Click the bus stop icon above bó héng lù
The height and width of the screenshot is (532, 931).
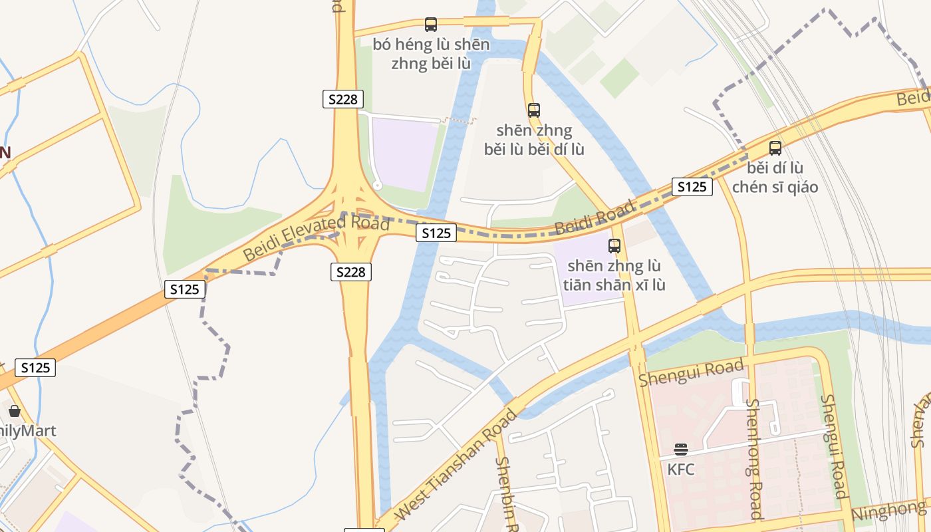431,25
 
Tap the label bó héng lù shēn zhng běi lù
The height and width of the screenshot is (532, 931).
431,55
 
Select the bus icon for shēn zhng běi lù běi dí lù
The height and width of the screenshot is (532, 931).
534,110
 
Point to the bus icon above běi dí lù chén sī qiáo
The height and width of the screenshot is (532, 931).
775,148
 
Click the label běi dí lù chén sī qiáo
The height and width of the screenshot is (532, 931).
775,177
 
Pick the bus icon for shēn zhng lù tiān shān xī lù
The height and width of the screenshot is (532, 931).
614,246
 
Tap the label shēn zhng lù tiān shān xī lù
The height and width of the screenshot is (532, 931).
614,275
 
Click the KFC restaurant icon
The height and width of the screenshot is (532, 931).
681,450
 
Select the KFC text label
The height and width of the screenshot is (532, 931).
681,469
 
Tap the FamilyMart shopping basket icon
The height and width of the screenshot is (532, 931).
15,411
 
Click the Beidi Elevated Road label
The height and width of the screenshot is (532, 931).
316,237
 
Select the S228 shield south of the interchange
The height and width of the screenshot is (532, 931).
351,271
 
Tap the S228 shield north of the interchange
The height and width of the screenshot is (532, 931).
343,100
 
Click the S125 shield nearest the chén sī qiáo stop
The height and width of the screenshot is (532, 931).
692,187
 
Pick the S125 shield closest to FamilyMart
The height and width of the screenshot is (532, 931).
35,368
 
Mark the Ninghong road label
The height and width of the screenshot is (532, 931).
888,511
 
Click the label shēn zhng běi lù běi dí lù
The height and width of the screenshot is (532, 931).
534,140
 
